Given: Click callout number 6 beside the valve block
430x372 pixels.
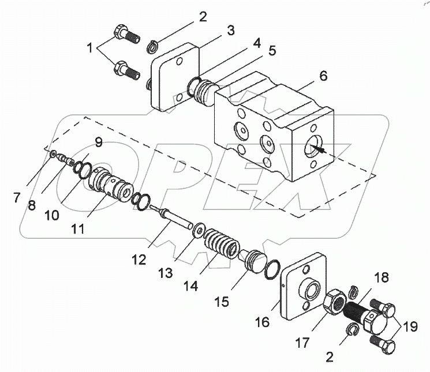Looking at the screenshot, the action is point(323,76).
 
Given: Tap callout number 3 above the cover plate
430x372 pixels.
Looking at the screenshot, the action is point(231,31).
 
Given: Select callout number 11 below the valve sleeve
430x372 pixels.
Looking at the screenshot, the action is point(78,229).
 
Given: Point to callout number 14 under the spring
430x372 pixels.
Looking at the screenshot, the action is point(190,286).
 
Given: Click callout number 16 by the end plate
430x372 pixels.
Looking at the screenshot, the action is point(262,322).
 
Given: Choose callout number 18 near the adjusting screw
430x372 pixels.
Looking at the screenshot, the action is point(381,278).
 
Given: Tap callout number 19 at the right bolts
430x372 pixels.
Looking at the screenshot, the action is point(410,327).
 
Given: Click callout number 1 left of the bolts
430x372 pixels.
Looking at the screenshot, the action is point(89,48).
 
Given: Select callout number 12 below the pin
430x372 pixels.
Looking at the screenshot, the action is point(139,260).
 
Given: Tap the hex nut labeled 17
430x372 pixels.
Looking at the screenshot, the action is point(334,302).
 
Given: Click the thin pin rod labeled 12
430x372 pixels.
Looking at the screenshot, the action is point(171,217).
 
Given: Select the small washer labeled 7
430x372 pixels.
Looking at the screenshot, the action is point(53,154).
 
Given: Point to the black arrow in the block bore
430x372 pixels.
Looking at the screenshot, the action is point(317,149).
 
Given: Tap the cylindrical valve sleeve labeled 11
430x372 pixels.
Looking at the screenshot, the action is point(111,185).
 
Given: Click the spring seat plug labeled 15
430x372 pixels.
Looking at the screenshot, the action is point(254,262).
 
